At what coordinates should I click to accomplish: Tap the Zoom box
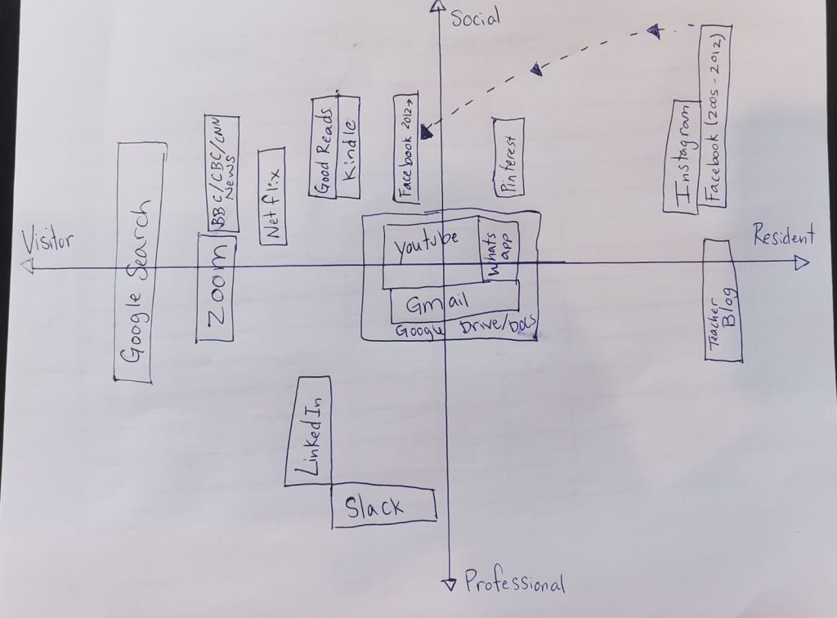(x=217, y=288)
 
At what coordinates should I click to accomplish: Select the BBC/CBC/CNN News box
(x=222, y=173)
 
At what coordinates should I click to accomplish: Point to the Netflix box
(x=272, y=196)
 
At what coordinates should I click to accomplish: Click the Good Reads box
(x=323, y=148)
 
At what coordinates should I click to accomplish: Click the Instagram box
(x=683, y=158)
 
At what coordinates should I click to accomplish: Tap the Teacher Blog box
(x=723, y=301)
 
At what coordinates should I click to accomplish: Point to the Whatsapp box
(x=499, y=249)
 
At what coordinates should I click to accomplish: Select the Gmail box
(x=454, y=303)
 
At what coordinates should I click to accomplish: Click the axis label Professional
(x=514, y=583)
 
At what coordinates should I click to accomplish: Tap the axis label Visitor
(x=47, y=242)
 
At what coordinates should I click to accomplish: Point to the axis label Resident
(x=784, y=237)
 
